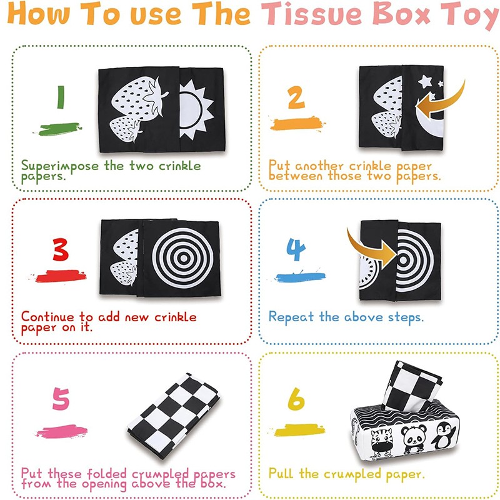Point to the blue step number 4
pyautogui.click(x=296, y=249)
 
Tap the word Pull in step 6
pyautogui.click(x=281, y=474)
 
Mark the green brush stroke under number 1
pyautogui.click(x=60, y=129)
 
